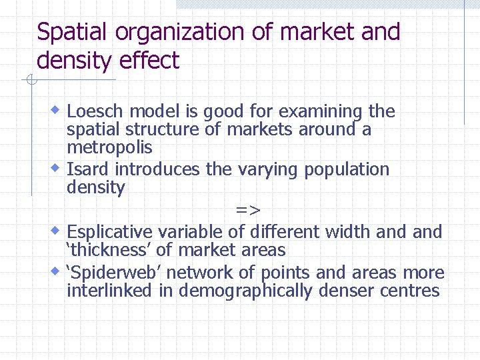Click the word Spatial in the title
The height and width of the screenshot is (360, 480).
click(69, 32)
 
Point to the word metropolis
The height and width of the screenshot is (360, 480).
click(109, 147)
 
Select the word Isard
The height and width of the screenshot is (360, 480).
click(85, 169)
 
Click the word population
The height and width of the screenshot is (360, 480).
click(347, 170)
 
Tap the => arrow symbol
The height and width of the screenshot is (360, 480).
click(248, 210)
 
